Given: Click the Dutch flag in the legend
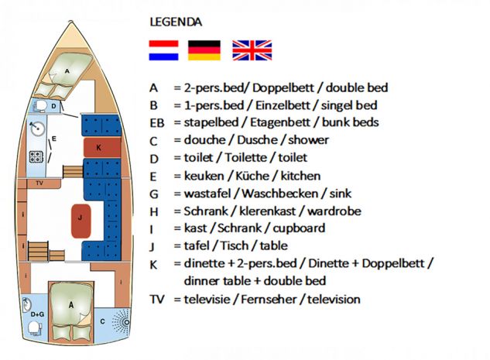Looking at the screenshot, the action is pyautogui.click(x=164, y=50).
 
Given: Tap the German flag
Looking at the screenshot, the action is pyautogui.click(x=204, y=50).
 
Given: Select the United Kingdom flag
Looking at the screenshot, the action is pyautogui.click(x=252, y=50).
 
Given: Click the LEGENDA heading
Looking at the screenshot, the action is pyautogui.click(x=176, y=22).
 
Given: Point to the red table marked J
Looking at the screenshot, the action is pyautogui.click(x=81, y=221).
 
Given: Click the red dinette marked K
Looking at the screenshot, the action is pyautogui.click(x=102, y=147).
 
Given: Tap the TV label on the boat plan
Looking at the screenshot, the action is pyautogui.click(x=39, y=183).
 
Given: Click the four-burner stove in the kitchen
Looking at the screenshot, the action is pyautogui.click(x=36, y=156).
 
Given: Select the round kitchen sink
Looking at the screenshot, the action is pyautogui.click(x=37, y=129).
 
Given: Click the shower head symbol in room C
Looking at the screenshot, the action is pyautogui.click(x=122, y=322).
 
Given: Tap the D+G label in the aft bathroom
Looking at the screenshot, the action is pyautogui.click(x=37, y=314).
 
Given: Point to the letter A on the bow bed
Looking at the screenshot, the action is pyautogui.click(x=67, y=71).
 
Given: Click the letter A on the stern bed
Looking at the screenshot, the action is pyautogui.click(x=71, y=305).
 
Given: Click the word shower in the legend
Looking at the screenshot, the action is pyautogui.click(x=308, y=140).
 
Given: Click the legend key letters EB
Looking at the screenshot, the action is pyautogui.click(x=157, y=123).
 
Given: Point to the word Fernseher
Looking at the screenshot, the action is pyautogui.click(x=269, y=300).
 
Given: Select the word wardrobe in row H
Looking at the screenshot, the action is pyautogui.click(x=334, y=211).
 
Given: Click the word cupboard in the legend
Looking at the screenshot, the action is pyautogui.click(x=299, y=228).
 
